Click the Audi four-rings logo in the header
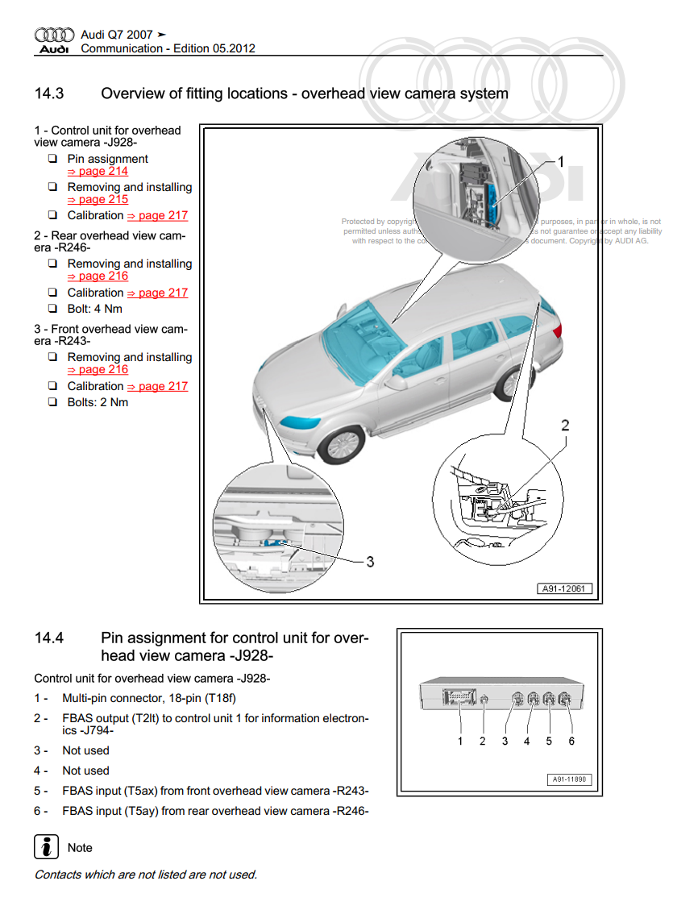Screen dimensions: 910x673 pos(54,35)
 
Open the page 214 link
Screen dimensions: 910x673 pos(97,172)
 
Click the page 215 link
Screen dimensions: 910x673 pos(97,200)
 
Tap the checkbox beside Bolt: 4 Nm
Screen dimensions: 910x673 pos(52,309)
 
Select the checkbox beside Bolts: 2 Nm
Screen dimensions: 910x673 pos(52,402)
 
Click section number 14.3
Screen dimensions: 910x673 pos(49,93)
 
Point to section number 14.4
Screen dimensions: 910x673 pos(49,638)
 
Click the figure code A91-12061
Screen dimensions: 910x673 pos(565,589)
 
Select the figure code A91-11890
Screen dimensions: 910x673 pos(570,780)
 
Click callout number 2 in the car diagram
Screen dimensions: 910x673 pos(565,426)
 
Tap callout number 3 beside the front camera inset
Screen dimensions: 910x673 pos(370,562)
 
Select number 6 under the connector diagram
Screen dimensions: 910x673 pos(571,741)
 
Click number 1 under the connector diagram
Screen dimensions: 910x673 pos(460,741)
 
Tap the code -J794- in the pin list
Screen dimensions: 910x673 pos(94,730)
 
